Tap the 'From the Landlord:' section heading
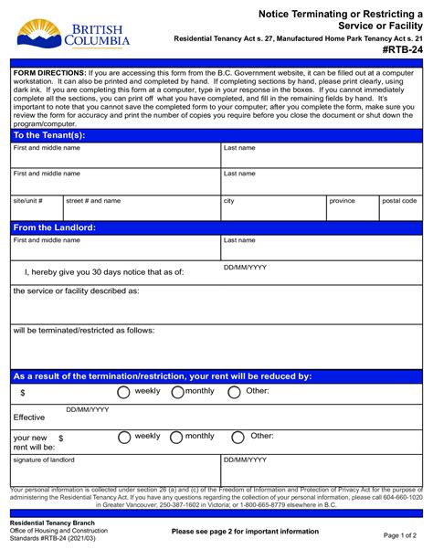click(55, 227)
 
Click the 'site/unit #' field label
click(28, 200)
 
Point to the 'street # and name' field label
click(93, 200)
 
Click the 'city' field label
click(229, 200)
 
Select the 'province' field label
click(343, 200)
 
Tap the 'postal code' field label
click(399, 200)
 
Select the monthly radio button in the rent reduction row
click(178, 393)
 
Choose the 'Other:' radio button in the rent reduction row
click(234, 393)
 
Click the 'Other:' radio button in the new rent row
click(238, 438)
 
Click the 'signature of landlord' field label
click(44, 460)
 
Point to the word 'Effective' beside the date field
click(28, 417)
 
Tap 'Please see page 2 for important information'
click(245, 531)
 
